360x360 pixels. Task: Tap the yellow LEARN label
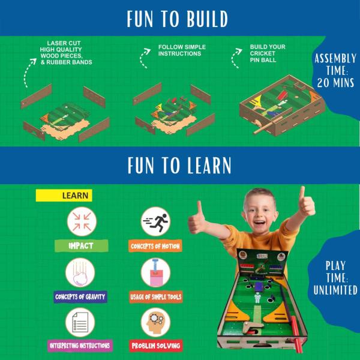(64, 195)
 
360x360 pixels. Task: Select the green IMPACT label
(80, 246)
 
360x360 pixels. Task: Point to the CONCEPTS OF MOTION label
(155, 246)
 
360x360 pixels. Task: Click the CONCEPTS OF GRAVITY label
(80, 296)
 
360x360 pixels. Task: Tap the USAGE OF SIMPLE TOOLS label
(155, 296)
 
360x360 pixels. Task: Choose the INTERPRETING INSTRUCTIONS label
(80, 346)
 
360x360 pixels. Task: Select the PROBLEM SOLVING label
(155, 346)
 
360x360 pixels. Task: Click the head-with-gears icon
(155, 322)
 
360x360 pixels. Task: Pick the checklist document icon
(80, 322)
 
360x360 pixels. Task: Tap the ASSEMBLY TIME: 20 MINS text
(334, 70)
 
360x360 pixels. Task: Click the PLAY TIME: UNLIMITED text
(335, 277)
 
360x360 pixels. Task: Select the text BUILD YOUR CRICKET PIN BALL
(268, 53)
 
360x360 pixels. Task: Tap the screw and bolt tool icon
(155, 272)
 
